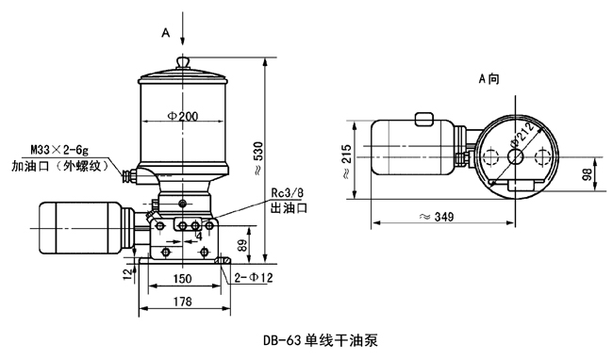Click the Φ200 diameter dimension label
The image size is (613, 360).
pyautogui.click(x=183, y=116)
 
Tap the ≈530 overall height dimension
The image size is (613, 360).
pyautogui.click(x=257, y=157)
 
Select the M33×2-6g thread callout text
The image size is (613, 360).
pyautogui.click(x=59, y=150)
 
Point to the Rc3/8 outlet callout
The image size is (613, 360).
pyautogui.click(x=288, y=193)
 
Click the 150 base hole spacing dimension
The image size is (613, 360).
pyautogui.click(x=182, y=279)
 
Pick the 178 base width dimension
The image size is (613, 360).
pyautogui.click(x=183, y=302)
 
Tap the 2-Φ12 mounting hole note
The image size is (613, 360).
pyautogui.click(x=254, y=278)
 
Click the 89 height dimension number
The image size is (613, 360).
pyautogui.click(x=242, y=245)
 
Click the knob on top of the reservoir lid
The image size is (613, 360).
pyautogui.click(x=183, y=62)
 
